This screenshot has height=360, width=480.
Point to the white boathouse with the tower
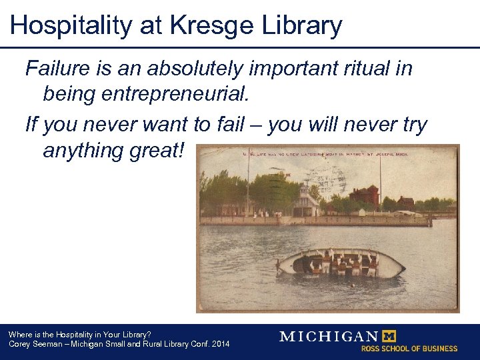click(x=306, y=202)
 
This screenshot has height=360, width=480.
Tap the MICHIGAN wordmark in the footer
click(x=328, y=336)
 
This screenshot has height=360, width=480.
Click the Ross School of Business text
click(x=409, y=348)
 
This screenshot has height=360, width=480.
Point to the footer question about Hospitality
click(x=79, y=334)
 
